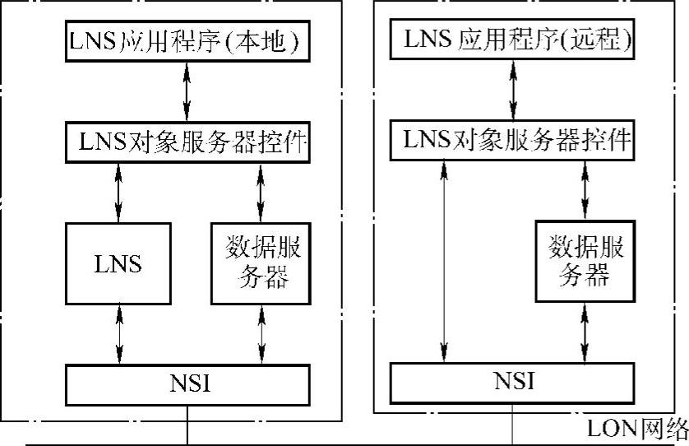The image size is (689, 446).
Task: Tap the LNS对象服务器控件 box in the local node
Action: (x=187, y=142)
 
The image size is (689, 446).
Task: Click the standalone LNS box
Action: (x=118, y=263)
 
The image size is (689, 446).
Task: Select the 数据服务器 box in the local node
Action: (x=261, y=263)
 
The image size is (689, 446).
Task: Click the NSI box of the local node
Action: (x=187, y=383)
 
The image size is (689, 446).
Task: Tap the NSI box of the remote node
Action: (x=515, y=380)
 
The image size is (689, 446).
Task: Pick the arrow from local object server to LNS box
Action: (x=118, y=192)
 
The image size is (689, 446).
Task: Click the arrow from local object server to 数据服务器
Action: (x=261, y=192)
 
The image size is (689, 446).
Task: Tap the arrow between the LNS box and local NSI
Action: (x=120, y=332)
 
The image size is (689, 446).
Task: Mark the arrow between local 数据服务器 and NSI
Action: (x=261, y=333)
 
